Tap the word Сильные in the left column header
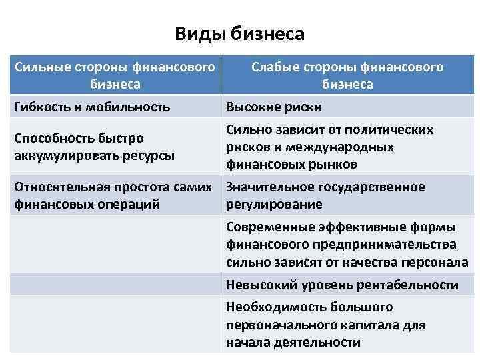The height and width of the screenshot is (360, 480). [x=41, y=67]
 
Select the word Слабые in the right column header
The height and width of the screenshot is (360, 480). [x=277, y=67]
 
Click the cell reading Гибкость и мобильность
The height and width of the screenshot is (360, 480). [x=92, y=106]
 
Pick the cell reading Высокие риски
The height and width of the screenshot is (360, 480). [x=273, y=107]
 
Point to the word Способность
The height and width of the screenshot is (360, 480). [x=51, y=139]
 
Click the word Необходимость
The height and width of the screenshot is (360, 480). [x=273, y=307]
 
